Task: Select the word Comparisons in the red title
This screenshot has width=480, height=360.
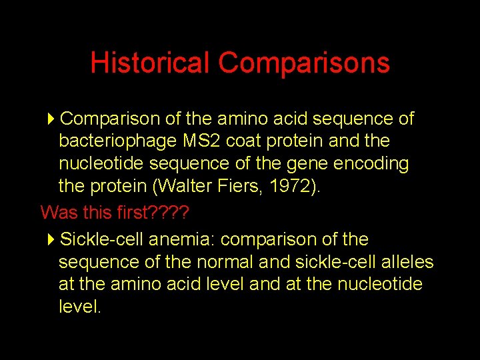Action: tap(303, 63)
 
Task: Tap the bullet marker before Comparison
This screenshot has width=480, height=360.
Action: tap(52, 119)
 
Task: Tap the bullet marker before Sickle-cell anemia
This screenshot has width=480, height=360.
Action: tap(52, 239)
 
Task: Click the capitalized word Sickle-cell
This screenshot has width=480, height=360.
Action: tap(102, 239)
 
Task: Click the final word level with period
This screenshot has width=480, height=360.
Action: tap(80, 307)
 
